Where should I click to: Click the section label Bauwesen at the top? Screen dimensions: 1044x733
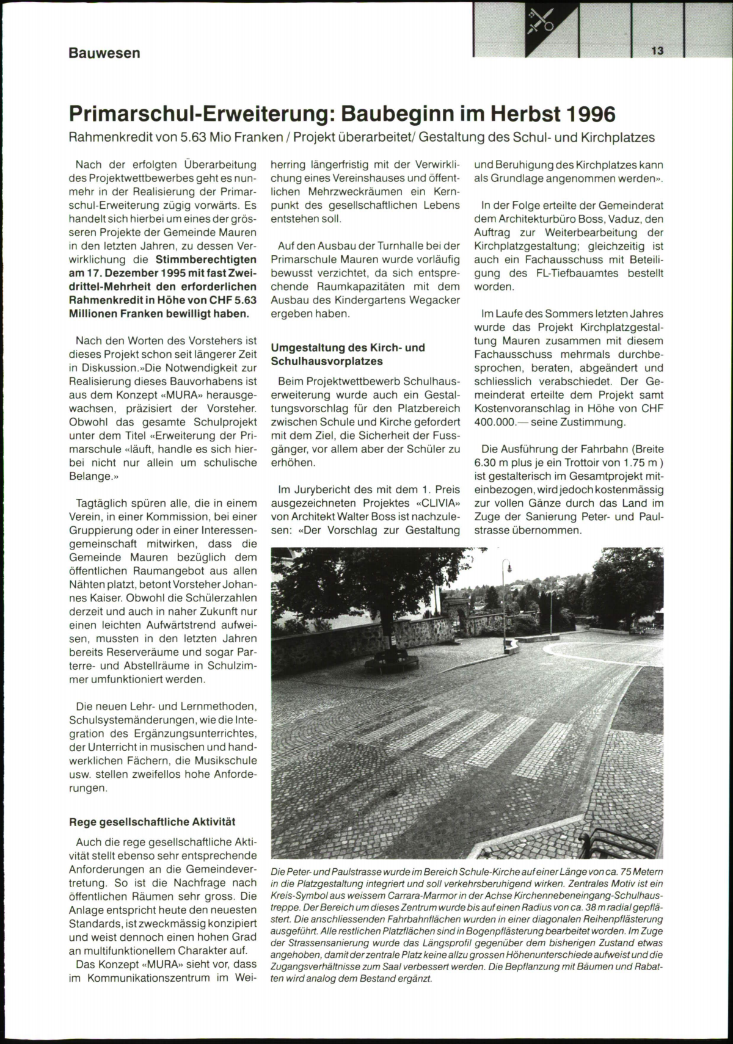pos(104,53)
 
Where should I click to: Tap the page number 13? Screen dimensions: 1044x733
pos(657,51)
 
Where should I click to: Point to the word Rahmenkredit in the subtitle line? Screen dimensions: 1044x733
pos(111,137)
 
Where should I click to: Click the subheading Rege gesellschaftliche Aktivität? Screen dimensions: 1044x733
pos(152,822)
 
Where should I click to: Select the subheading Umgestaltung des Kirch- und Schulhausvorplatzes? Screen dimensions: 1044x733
pos(348,355)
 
